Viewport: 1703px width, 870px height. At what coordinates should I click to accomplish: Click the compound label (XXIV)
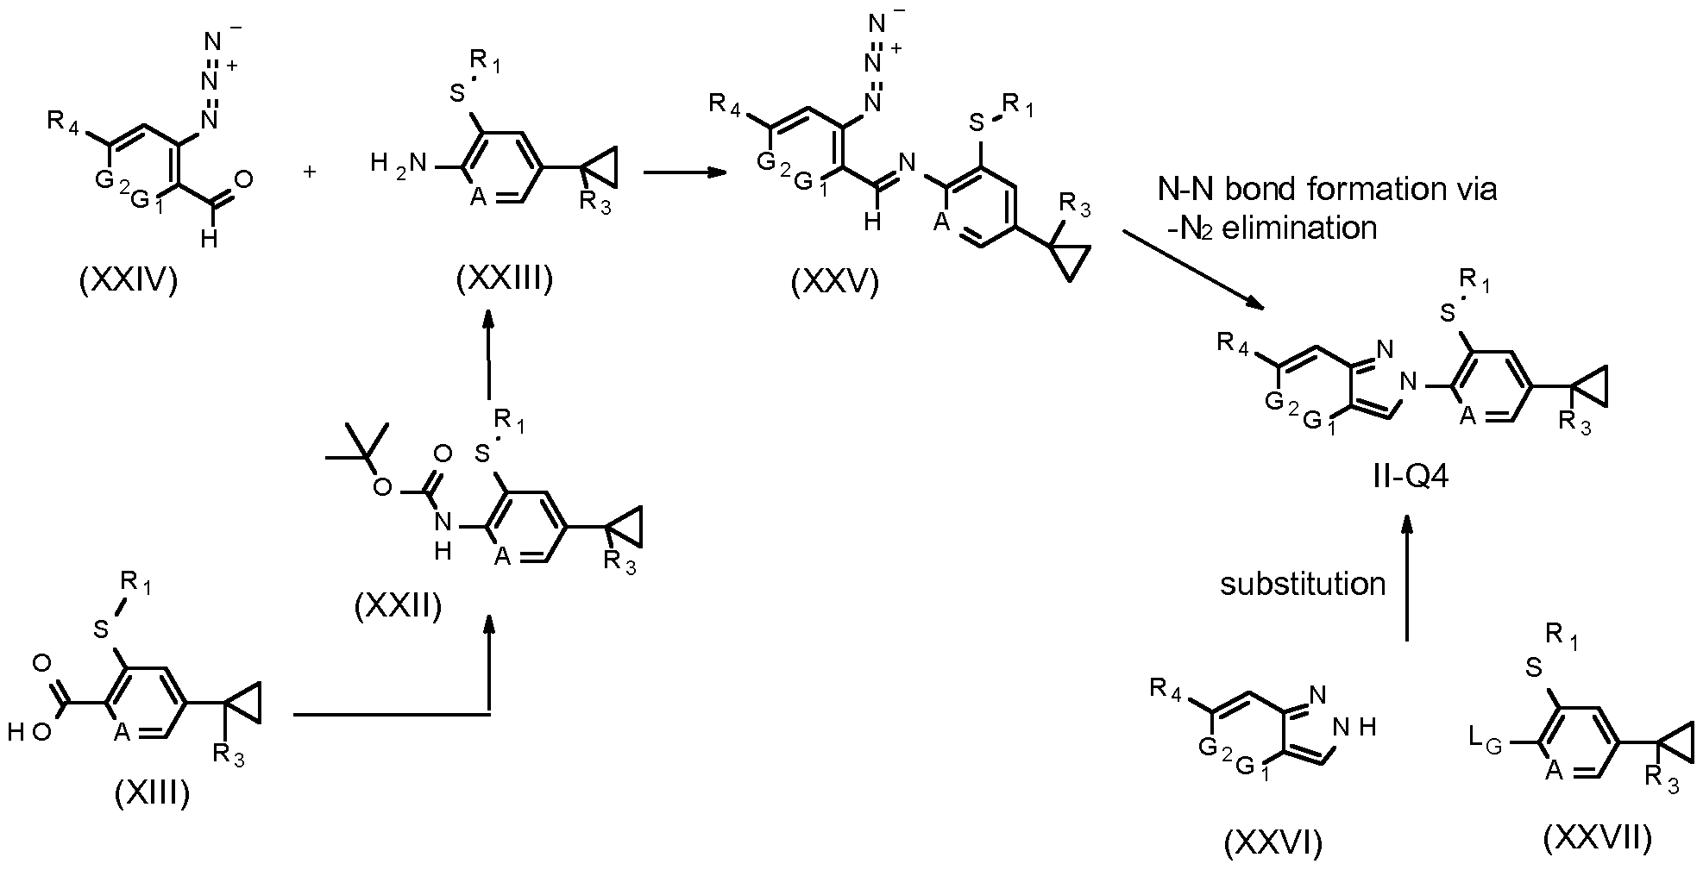[129, 282]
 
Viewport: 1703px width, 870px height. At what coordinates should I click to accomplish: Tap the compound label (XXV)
[835, 282]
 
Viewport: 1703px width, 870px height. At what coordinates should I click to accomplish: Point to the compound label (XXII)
[399, 606]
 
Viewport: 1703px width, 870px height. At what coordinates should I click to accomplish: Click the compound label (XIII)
[152, 792]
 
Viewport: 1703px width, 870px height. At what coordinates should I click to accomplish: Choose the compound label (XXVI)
[1273, 842]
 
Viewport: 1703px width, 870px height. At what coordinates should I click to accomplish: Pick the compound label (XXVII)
[1598, 837]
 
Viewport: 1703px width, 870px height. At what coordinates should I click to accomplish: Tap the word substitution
[1303, 584]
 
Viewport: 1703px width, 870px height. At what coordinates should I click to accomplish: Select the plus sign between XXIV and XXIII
[310, 172]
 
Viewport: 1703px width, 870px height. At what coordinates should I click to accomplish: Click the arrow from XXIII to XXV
[682, 172]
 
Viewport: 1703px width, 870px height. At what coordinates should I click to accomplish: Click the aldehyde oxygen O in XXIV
[243, 179]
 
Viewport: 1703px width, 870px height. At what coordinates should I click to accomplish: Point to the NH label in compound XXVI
[1354, 727]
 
